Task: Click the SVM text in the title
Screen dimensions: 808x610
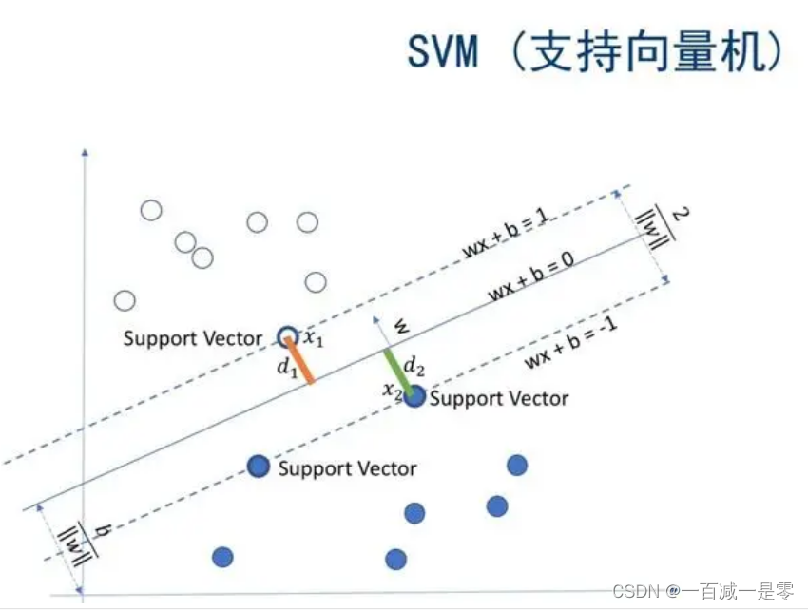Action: tap(443, 51)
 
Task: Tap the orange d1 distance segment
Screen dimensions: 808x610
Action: tap(299, 360)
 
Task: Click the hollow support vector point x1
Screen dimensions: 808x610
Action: tap(287, 336)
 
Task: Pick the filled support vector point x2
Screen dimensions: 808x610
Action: tap(414, 396)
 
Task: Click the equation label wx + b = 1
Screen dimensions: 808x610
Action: tap(506, 234)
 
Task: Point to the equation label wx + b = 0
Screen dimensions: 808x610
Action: tap(531, 276)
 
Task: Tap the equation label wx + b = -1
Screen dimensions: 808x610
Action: tap(570, 343)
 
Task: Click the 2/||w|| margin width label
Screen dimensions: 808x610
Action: tap(662, 227)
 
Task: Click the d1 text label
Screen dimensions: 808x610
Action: tap(287, 368)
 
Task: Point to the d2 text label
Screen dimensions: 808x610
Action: tap(414, 367)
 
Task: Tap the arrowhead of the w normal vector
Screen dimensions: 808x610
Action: tap(376, 320)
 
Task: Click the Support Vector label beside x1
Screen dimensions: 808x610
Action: tap(193, 338)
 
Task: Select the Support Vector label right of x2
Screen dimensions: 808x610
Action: tap(499, 398)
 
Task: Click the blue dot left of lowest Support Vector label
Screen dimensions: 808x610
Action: tap(259, 467)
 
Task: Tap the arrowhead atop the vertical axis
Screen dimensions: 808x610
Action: tap(85, 152)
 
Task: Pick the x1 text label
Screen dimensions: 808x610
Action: tap(314, 338)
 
